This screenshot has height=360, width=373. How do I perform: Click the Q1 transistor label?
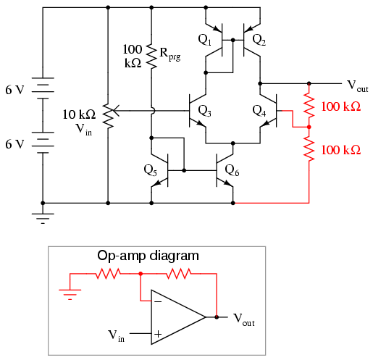point(204,40)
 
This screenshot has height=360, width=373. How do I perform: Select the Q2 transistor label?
point(259,40)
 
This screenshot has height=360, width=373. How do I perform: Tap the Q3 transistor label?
point(204,111)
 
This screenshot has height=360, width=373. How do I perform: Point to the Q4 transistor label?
point(259,111)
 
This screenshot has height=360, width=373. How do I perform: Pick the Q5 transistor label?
point(150,170)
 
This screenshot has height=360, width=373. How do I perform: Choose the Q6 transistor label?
point(232,170)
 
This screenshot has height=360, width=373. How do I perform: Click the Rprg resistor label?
point(170,54)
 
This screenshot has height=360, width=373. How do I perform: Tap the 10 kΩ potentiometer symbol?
point(110,115)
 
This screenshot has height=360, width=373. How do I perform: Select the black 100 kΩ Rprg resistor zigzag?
point(151,56)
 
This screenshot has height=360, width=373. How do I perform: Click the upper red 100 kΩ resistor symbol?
point(309,106)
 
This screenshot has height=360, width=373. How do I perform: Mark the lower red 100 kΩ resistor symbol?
point(309,149)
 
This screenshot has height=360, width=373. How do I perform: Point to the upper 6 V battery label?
point(15,90)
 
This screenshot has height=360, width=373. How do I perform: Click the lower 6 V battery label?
point(15,144)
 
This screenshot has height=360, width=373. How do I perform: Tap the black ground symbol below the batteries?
point(43,219)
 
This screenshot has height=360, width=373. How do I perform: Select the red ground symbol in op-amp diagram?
point(70,294)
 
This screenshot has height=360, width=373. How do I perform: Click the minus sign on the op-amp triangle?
point(158,301)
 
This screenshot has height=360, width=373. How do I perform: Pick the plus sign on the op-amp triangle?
point(158,334)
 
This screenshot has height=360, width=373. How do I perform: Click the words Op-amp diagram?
point(148,256)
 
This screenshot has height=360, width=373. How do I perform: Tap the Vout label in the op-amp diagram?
point(244,319)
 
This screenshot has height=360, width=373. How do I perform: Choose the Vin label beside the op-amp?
point(116,336)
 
